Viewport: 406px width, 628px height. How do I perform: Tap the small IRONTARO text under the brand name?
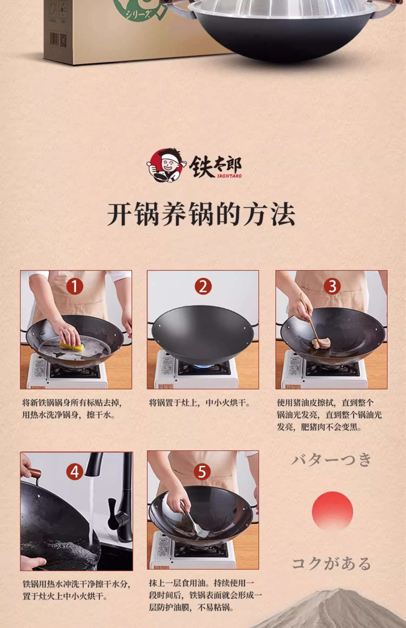(x=229, y=176)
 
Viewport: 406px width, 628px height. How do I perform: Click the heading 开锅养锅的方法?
(x=201, y=214)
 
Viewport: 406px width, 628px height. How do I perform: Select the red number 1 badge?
(x=75, y=286)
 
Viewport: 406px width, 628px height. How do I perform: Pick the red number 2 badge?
(x=203, y=286)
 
